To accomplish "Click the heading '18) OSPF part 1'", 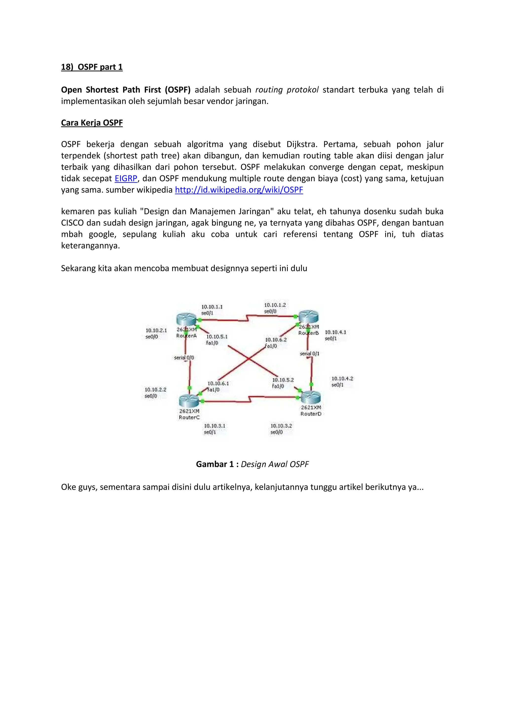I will [x=92, y=67].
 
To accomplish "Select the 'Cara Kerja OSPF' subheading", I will [x=92, y=123].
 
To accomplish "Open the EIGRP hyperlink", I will [x=126, y=178].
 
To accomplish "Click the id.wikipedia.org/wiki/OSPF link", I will [x=239, y=190].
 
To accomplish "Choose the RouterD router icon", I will [x=311, y=397].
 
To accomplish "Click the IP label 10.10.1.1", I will [x=212, y=307].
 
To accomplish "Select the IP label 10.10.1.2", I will [x=275, y=305].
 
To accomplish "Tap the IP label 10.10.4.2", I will [x=342, y=378].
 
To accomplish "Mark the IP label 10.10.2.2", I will [x=156, y=390].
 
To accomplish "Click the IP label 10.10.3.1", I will [x=215, y=426].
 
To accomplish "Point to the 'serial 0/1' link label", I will [x=309, y=354].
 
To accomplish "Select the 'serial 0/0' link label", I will [x=184, y=358].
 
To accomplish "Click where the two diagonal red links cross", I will [x=249, y=359].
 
